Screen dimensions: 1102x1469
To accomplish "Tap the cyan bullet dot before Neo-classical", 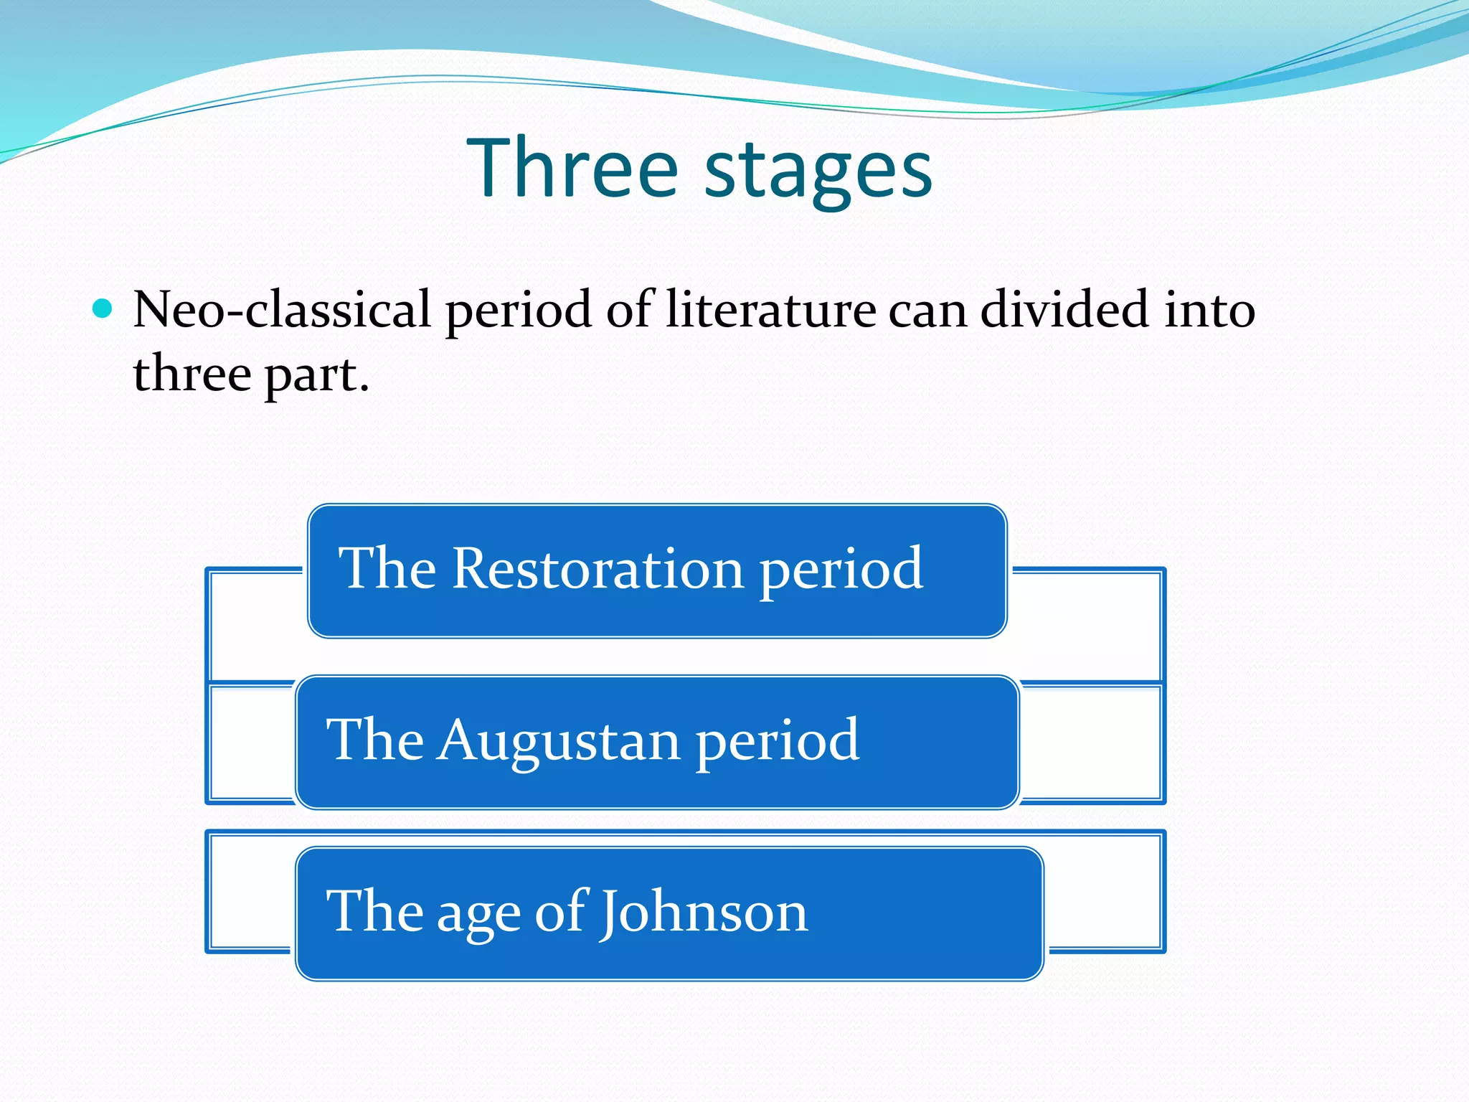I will click(103, 309).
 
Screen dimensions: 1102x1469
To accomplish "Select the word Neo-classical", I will click(282, 310).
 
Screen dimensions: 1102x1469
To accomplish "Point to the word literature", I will click(770, 310).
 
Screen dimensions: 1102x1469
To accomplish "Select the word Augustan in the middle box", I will click(560, 740).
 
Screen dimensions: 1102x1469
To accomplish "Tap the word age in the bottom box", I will click(478, 915).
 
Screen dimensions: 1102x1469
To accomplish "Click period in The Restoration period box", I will click(841, 570).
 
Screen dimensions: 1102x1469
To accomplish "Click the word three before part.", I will click(192, 375).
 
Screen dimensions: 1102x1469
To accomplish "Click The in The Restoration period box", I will click(387, 568).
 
